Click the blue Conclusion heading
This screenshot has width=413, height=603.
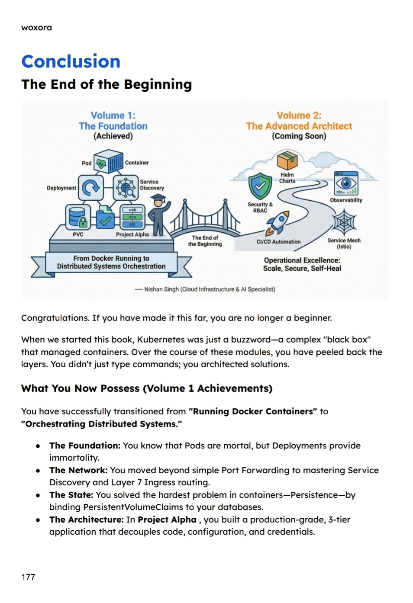71,61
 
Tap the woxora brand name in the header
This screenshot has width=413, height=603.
36,28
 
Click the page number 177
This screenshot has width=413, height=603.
28,577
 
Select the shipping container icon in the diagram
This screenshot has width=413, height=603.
109,161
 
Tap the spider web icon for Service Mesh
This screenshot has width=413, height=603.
344,222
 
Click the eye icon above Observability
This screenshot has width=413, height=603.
346,183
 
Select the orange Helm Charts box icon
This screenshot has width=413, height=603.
287,160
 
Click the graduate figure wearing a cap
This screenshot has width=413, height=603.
158,215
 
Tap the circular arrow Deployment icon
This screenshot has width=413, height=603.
90,187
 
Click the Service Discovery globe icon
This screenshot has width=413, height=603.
126,187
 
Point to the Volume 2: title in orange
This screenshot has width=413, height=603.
299,115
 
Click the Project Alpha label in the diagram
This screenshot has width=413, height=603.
132,234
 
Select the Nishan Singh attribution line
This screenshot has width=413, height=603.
205,289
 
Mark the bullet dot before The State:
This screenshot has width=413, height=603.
39,495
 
